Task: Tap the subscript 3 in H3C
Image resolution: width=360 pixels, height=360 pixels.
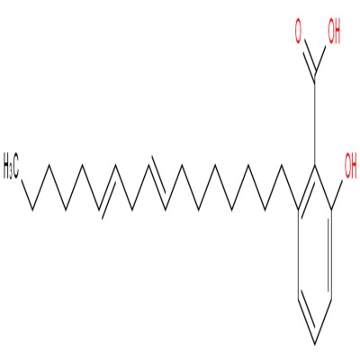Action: click(x=10, y=173)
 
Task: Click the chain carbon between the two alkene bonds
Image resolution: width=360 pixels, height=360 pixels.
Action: click(x=132, y=209)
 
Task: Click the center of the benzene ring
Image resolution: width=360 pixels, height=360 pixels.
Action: click(x=315, y=254)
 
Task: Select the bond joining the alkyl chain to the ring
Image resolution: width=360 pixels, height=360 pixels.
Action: click(x=290, y=186)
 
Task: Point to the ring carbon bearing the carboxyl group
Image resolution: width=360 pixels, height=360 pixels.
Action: click(x=315, y=165)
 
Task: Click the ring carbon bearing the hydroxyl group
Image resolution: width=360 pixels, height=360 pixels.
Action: click(x=331, y=209)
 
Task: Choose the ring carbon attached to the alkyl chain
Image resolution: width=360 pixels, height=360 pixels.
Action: click(x=299, y=209)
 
